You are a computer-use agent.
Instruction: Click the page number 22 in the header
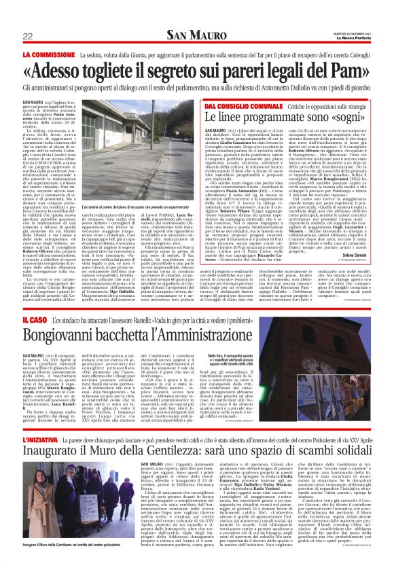[28, 36]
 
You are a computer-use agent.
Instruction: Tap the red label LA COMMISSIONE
[49, 54]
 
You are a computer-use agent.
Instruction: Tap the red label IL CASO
[35, 319]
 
